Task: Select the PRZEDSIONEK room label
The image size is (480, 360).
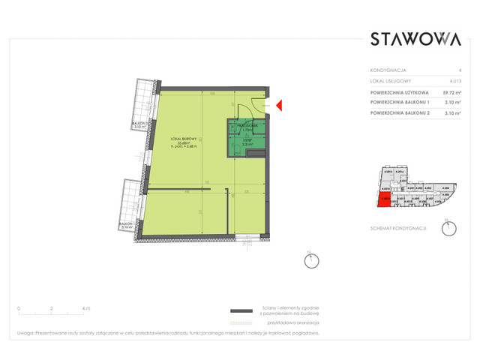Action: [247, 126]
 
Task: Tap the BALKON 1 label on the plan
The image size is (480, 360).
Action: [139, 124]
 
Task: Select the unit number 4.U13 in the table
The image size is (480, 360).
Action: [454, 80]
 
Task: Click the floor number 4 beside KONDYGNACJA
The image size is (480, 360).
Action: [459, 70]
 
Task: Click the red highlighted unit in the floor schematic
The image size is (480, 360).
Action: [384, 199]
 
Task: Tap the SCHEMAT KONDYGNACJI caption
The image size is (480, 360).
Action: [398, 227]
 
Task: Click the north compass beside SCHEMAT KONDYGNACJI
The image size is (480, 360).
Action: [448, 229]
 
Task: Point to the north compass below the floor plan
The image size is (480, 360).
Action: [310, 261]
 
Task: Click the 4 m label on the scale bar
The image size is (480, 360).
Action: [86, 308]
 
